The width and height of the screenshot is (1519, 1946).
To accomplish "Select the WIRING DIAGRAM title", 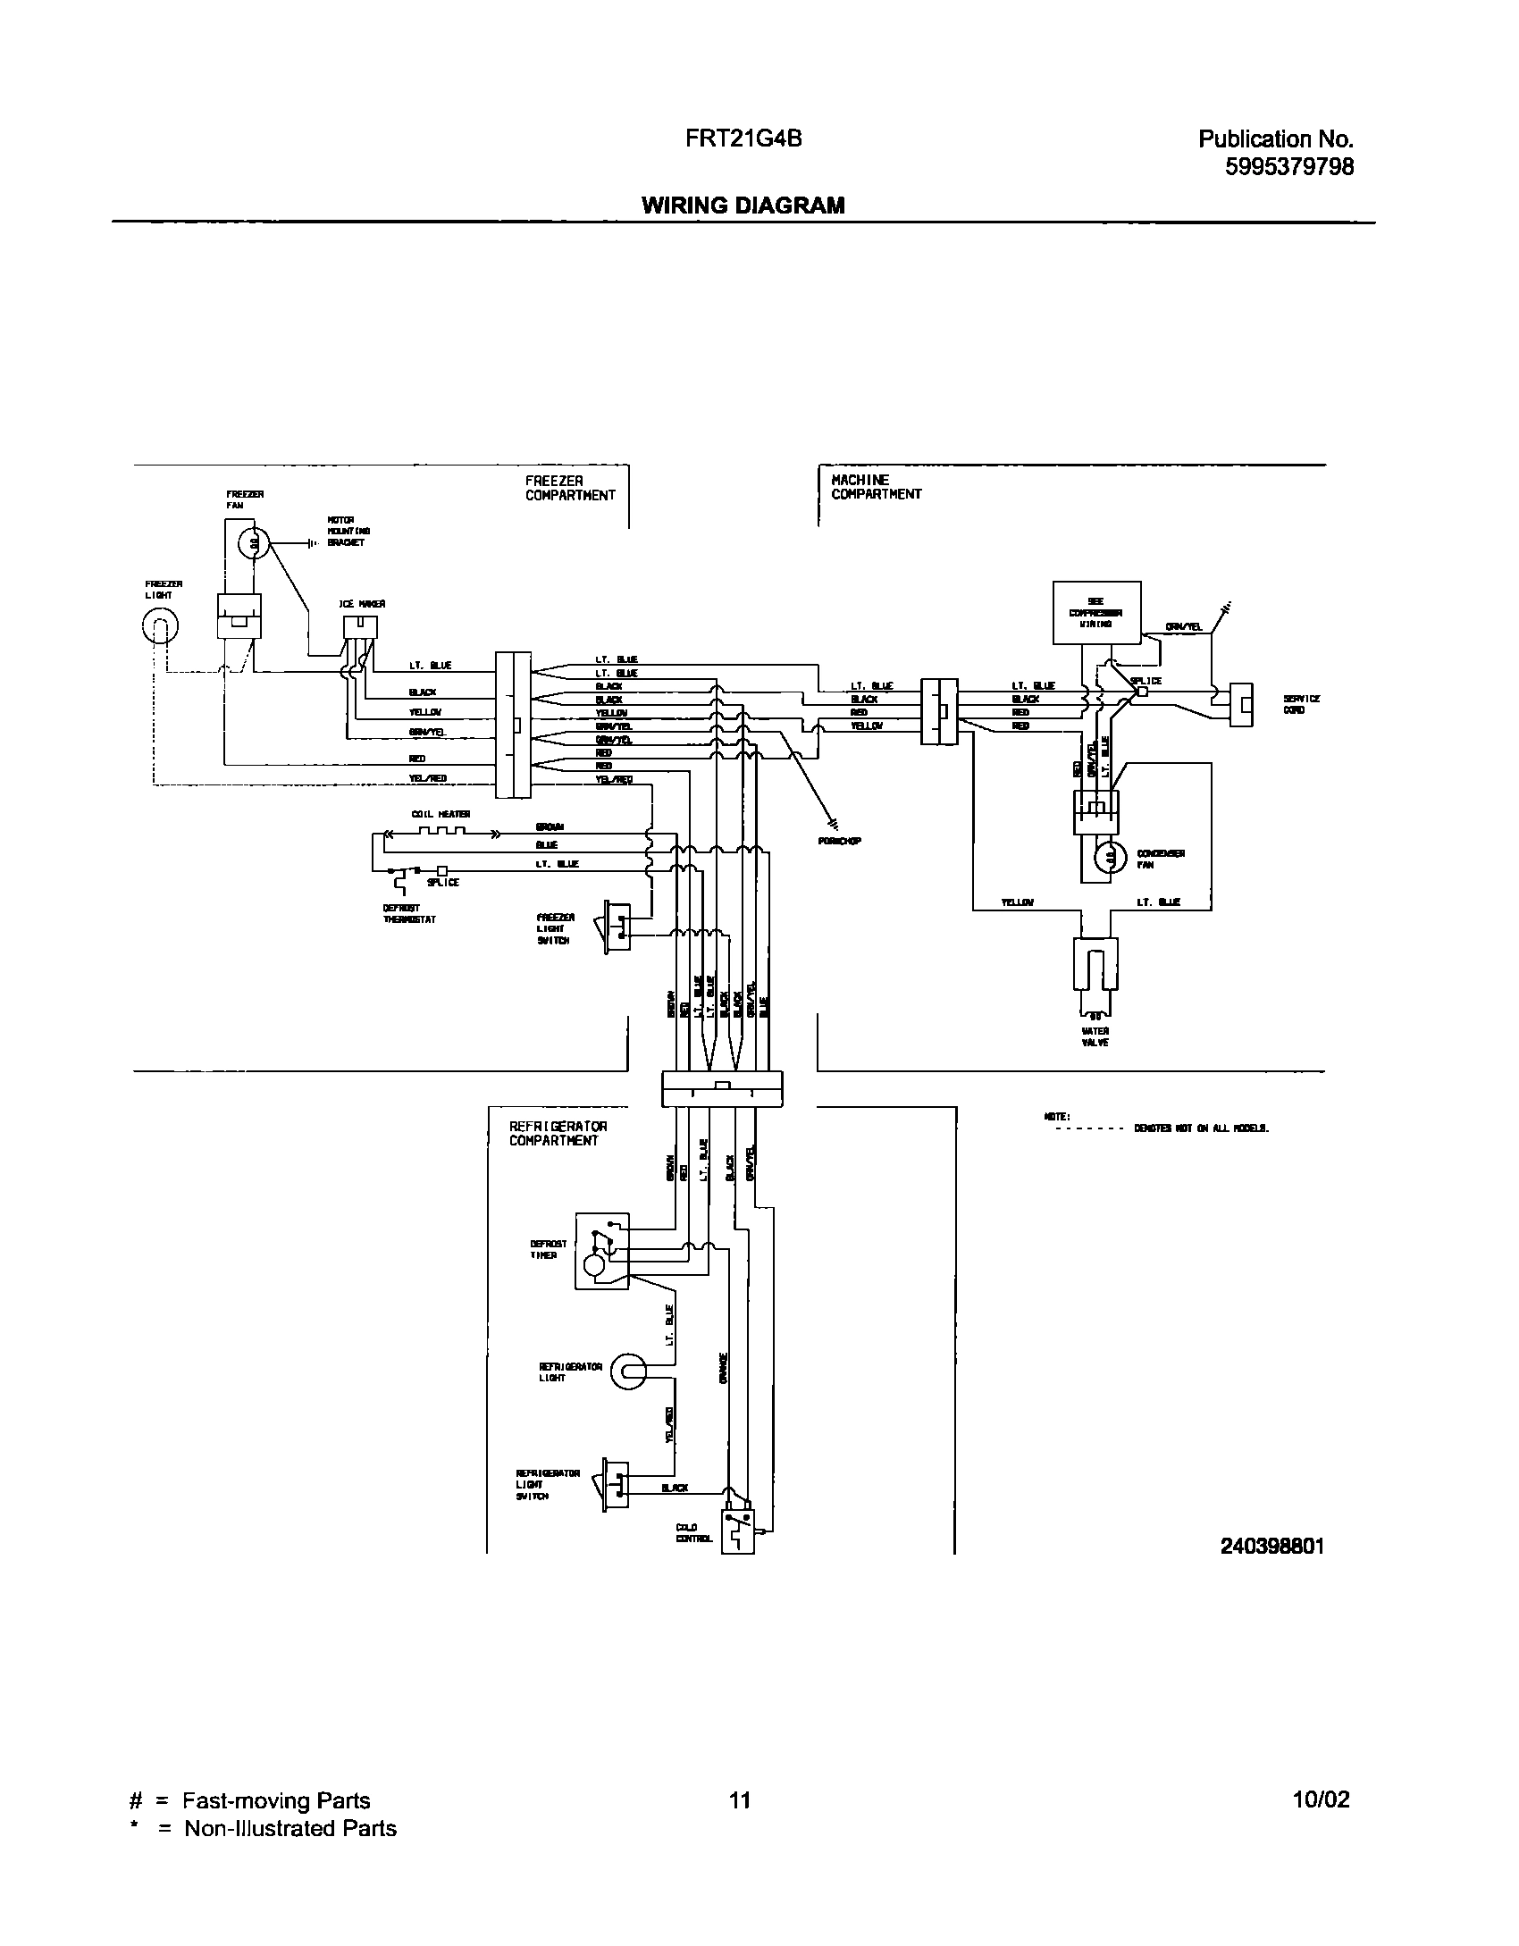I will click(x=743, y=206).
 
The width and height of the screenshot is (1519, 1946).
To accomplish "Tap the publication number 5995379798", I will click(x=1289, y=166).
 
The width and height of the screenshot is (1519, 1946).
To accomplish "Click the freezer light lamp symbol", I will click(x=159, y=629).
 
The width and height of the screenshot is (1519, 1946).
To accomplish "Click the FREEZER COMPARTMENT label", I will click(x=569, y=488).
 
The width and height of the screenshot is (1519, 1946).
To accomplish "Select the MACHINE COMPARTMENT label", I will click(x=876, y=487).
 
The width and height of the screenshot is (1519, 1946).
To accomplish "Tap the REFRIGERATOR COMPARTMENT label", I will click(x=558, y=1133).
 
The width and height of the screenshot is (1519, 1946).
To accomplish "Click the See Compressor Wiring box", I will click(x=1095, y=612).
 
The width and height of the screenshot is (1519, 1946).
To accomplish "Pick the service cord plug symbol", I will click(x=1241, y=705).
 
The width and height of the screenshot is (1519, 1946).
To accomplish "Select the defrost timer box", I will click(x=602, y=1250).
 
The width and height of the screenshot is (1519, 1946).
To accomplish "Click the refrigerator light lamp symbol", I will click(x=628, y=1371).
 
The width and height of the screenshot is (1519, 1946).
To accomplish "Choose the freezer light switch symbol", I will click(x=616, y=926).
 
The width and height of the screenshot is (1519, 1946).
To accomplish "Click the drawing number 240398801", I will click(x=1271, y=1545).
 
